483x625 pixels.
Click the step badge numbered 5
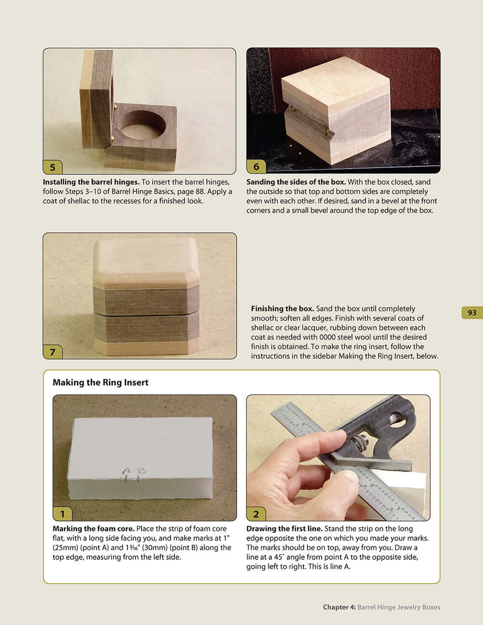click(x=53, y=167)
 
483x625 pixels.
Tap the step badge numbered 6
click(x=256, y=167)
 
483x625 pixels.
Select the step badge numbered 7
click(x=53, y=352)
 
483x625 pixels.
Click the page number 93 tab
click(x=472, y=312)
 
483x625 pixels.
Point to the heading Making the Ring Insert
click(x=100, y=383)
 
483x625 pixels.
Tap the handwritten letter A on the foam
click(x=127, y=470)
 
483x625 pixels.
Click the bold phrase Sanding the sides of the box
click(x=296, y=182)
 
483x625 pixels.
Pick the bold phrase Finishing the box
click(x=283, y=309)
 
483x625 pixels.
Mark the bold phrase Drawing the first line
click(x=284, y=529)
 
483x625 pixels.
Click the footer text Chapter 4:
click(x=339, y=607)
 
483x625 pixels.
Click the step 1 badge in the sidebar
click(x=62, y=514)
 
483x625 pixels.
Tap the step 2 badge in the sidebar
click(x=256, y=514)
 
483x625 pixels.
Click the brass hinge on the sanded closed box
click(x=329, y=131)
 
